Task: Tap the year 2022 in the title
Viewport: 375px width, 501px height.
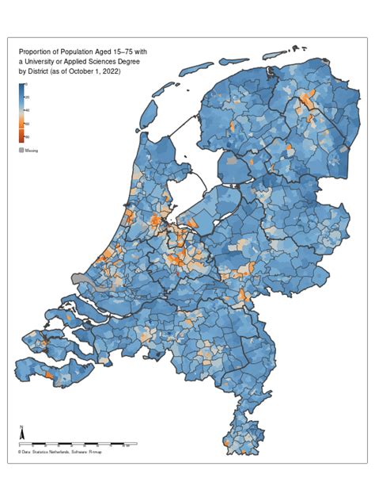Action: coord(110,71)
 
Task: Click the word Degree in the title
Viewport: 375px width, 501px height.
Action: coord(125,61)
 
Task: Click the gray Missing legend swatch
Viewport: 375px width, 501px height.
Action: coord(22,150)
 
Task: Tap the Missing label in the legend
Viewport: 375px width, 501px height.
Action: coord(32,150)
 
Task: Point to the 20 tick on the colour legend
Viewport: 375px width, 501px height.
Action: coord(28,96)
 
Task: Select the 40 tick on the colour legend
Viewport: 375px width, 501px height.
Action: coord(28,110)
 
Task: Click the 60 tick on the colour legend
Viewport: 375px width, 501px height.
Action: coord(28,124)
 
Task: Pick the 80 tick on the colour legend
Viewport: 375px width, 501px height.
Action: coord(28,137)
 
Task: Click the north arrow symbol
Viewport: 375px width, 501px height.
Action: coord(21,434)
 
